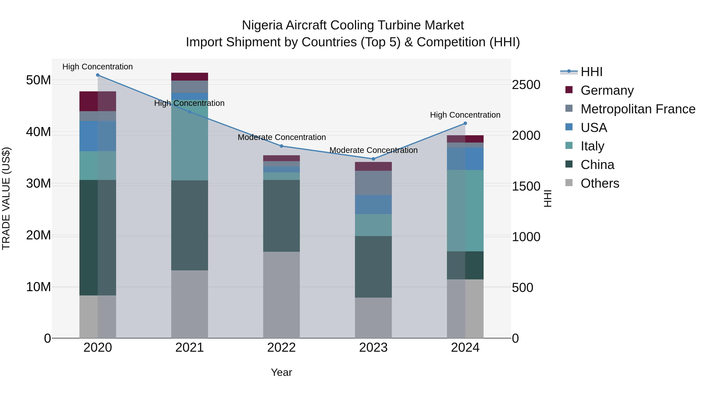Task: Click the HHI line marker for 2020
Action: (98, 75)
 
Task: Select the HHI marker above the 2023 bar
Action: (373, 159)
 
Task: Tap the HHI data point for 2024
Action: (465, 124)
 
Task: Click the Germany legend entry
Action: (607, 90)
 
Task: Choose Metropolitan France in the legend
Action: (638, 109)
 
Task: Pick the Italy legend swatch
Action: (569, 146)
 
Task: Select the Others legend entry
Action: (600, 183)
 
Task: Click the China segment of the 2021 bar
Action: (189, 225)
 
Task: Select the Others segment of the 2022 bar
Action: (281, 294)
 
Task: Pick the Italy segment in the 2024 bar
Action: (465, 210)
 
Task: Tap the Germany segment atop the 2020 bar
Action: (98, 101)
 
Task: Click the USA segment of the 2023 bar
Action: (373, 204)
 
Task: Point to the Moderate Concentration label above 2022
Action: (281, 137)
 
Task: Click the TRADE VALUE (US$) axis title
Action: (6, 198)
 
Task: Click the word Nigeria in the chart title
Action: (262, 25)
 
